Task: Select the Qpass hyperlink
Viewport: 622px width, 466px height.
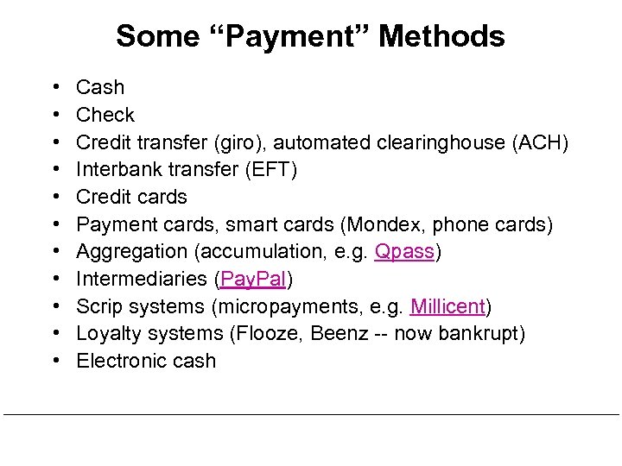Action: [406, 252]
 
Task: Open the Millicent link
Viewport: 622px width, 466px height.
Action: [448, 307]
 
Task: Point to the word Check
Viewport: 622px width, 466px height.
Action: [105, 115]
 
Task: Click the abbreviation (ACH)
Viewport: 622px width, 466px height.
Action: [539, 142]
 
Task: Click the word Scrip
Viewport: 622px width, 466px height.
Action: [100, 307]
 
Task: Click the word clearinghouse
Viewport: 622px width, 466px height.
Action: [448, 142]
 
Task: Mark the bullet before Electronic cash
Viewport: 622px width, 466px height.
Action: [55, 362]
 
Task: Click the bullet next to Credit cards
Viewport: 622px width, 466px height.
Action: [55, 197]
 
